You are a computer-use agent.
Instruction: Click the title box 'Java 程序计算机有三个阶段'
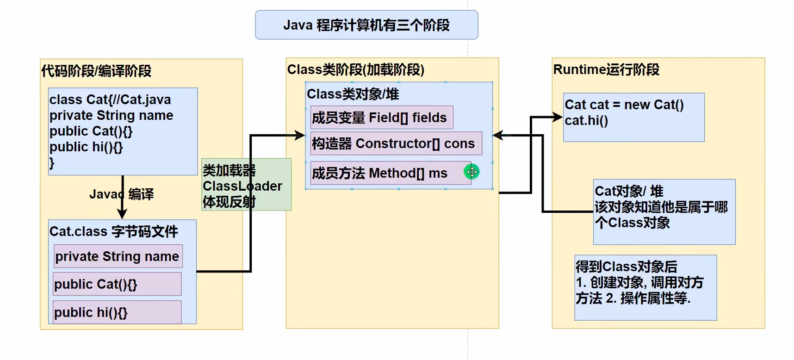(366, 25)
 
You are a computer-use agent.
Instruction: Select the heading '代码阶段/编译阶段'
(96, 71)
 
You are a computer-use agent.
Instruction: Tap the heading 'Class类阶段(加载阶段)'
(355, 70)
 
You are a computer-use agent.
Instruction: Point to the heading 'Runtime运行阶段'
(606, 70)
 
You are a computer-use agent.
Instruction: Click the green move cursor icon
(471, 172)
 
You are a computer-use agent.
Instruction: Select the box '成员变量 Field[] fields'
(381, 118)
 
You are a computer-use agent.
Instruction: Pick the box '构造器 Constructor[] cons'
(396, 143)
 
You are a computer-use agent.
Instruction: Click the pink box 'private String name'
(118, 256)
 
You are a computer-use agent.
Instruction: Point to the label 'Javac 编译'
(121, 194)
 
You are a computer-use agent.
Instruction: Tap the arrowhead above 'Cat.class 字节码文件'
(122, 214)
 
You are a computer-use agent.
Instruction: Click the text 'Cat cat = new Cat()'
(624, 105)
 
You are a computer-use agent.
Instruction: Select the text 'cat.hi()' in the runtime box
(586, 121)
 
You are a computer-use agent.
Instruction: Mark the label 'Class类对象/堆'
(353, 94)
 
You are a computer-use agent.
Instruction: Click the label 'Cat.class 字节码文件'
(113, 231)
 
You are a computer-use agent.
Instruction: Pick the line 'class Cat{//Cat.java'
(110, 100)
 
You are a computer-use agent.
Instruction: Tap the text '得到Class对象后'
(626, 267)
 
